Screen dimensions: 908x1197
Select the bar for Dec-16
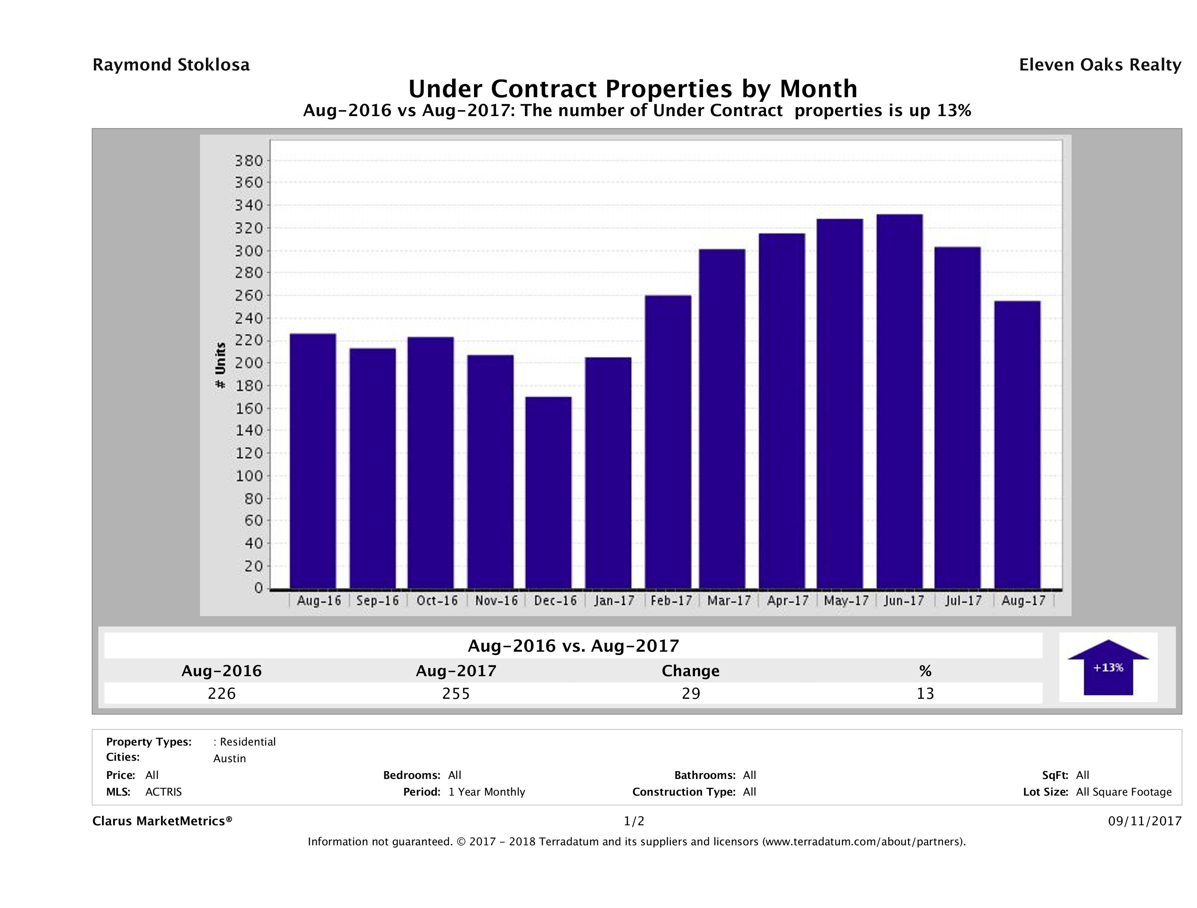[x=548, y=493]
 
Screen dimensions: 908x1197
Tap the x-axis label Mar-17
[x=729, y=601]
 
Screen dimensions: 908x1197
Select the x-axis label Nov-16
[x=496, y=601]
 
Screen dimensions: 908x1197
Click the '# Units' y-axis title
[x=220, y=365]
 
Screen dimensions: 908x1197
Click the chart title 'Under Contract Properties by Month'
[x=632, y=89]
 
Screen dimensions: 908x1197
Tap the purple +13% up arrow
[x=1108, y=667]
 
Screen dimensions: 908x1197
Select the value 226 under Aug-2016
[x=222, y=693]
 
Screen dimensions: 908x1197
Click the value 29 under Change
[x=691, y=693]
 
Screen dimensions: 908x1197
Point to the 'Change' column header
[x=691, y=671]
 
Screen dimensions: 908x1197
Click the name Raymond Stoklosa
[x=171, y=65]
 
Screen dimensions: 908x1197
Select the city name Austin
[x=230, y=759]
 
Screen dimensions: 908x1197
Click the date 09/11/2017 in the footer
[x=1144, y=822]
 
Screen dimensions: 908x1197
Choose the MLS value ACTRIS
[x=164, y=792]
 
